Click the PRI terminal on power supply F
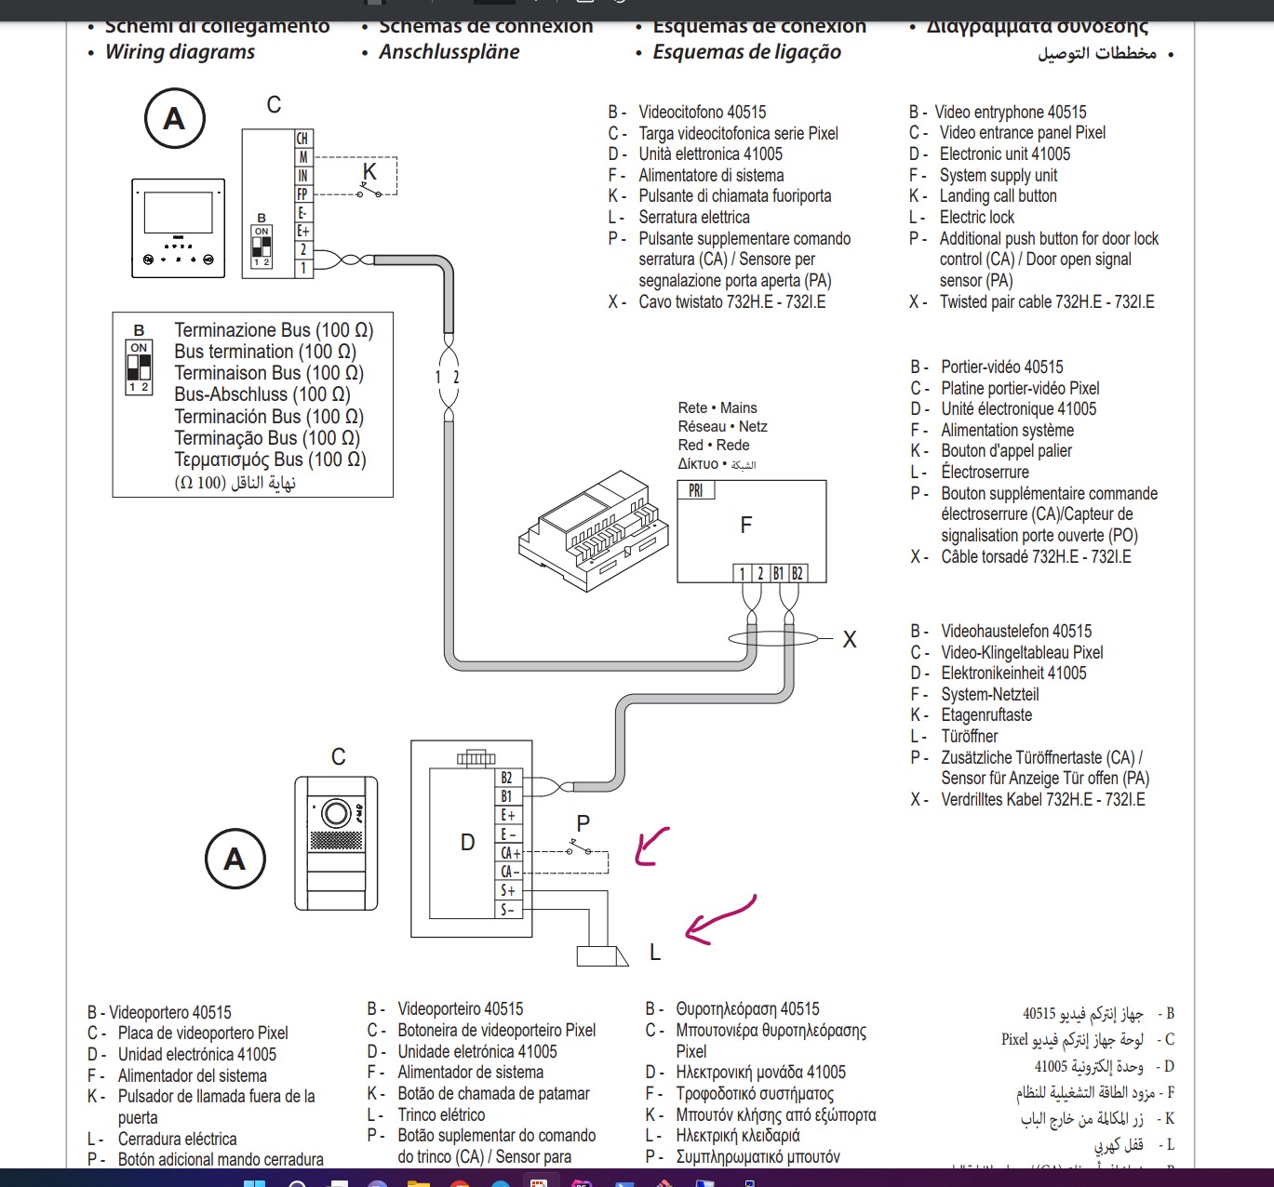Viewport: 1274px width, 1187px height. pos(696,490)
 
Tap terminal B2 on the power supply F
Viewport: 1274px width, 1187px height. pos(797,573)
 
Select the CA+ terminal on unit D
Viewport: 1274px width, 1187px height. pos(509,853)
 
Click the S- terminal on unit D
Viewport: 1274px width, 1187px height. pos(507,910)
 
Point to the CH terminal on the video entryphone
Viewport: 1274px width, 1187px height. pos(302,139)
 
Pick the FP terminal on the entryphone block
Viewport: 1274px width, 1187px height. pos(302,194)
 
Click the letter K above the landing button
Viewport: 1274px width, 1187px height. pos(369,172)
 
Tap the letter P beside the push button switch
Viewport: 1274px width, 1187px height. pos(583,823)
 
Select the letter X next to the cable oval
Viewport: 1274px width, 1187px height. pos(850,640)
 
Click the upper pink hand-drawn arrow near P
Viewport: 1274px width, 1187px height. pos(651,847)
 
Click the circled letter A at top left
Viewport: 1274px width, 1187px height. pos(174,119)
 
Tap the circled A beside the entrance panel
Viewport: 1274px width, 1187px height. pos(235,859)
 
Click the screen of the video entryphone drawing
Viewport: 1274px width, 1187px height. pos(179,212)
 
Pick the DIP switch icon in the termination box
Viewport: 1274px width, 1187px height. pos(139,367)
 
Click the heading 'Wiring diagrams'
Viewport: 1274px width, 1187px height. pos(180,52)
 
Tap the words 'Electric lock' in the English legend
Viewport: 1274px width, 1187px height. pos(976,218)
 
